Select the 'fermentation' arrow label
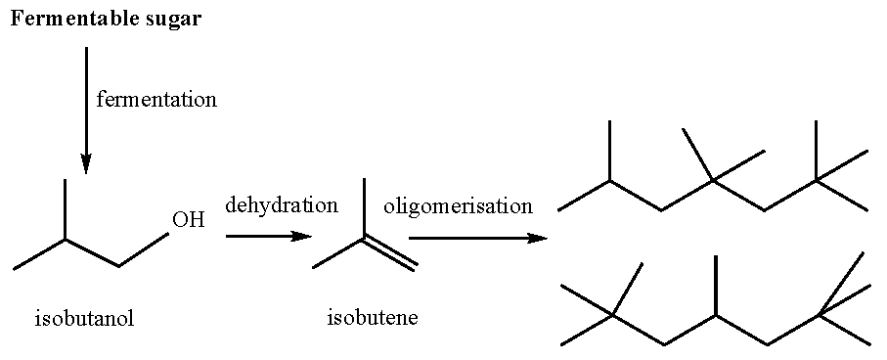click(x=156, y=99)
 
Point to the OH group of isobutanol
click(x=188, y=220)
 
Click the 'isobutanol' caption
click(x=84, y=318)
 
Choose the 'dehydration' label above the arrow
click(x=282, y=205)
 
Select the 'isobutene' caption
click(x=372, y=318)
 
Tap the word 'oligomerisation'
click(x=459, y=206)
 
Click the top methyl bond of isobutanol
click(x=66, y=208)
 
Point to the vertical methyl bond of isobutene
click(x=364, y=207)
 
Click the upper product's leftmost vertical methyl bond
click(x=610, y=151)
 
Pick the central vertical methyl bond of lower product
click(x=717, y=285)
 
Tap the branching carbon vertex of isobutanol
click(x=66, y=238)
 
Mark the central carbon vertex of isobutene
click(x=364, y=238)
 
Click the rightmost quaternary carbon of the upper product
click(x=817, y=180)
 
